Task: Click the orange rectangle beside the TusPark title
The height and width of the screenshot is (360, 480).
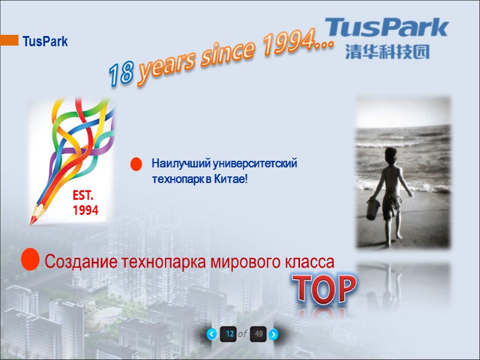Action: [9, 40]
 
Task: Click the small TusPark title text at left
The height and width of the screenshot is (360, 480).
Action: [45, 42]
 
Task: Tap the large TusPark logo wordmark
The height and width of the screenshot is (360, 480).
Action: [387, 28]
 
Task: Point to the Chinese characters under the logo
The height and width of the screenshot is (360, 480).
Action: [387, 52]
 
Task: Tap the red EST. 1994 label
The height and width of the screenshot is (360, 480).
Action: [86, 203]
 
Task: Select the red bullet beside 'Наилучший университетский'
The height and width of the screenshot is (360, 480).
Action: [136, 164]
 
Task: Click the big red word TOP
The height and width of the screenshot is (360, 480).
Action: [324, 290]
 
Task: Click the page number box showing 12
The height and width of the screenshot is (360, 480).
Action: [229, 334]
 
